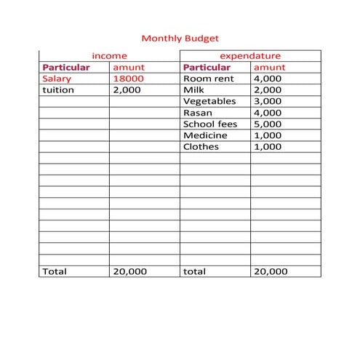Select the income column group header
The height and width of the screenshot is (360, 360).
click(109, 55)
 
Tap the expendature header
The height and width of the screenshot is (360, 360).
click(250, 55)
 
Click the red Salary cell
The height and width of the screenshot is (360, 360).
click(57, 79)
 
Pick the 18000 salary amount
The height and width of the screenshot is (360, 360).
click(127, 79)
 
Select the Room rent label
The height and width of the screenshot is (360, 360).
click(208, 79)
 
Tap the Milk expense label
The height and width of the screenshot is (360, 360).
click(194, 90)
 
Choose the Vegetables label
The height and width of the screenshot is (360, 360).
click(210, 101)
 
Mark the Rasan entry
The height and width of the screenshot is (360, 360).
click(198, 113)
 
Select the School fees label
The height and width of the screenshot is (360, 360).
click(210, 124)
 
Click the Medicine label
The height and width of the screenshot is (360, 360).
click(205, 135)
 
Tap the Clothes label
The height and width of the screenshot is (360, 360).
click(201, 147)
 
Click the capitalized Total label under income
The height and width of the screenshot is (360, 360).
click(55, 271)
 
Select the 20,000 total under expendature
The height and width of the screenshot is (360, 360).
click(270, 271)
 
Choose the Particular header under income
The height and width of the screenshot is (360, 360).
click(66, 67)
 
